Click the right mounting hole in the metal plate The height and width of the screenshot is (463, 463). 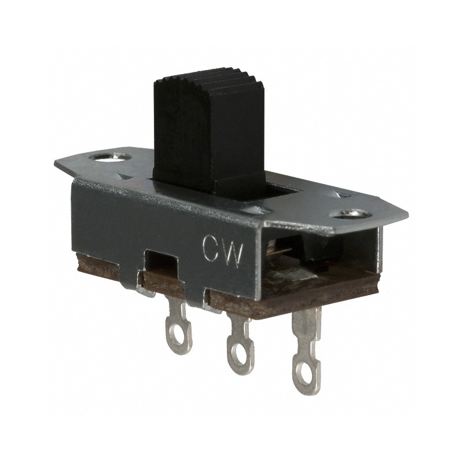click(352, 215)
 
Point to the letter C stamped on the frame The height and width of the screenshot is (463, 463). click(211, 248)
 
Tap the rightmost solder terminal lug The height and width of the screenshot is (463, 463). click(306, 353)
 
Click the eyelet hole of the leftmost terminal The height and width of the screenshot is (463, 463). click(179, 342)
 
